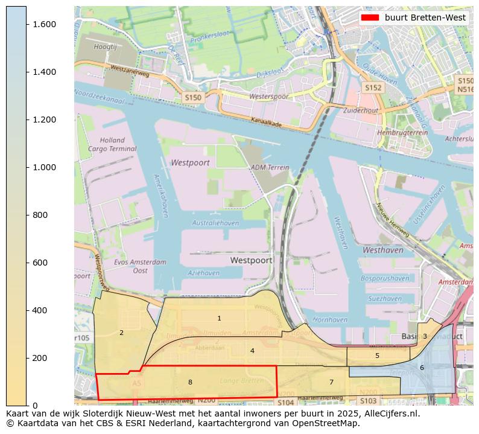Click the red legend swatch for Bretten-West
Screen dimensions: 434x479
tap(369, 18)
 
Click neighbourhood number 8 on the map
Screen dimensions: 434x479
tap(190, 382)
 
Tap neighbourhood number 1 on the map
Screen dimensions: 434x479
tap(219, 318)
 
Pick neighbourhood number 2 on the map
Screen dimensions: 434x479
tap(121, 333)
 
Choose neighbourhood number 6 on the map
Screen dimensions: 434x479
tap(422, 368)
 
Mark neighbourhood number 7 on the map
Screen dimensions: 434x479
tap(331, 382)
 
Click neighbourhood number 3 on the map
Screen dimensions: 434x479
tap(425, 336)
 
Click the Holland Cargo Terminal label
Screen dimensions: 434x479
tap(112, 144)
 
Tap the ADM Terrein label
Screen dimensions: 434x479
tap(270, 167)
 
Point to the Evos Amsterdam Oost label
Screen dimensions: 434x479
tap(140, 266)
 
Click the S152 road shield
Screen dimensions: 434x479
tap(373, 88)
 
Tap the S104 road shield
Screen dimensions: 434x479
tap(286, 402)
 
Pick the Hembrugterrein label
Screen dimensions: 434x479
tap(398, 132)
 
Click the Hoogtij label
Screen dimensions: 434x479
tap(105, 46)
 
